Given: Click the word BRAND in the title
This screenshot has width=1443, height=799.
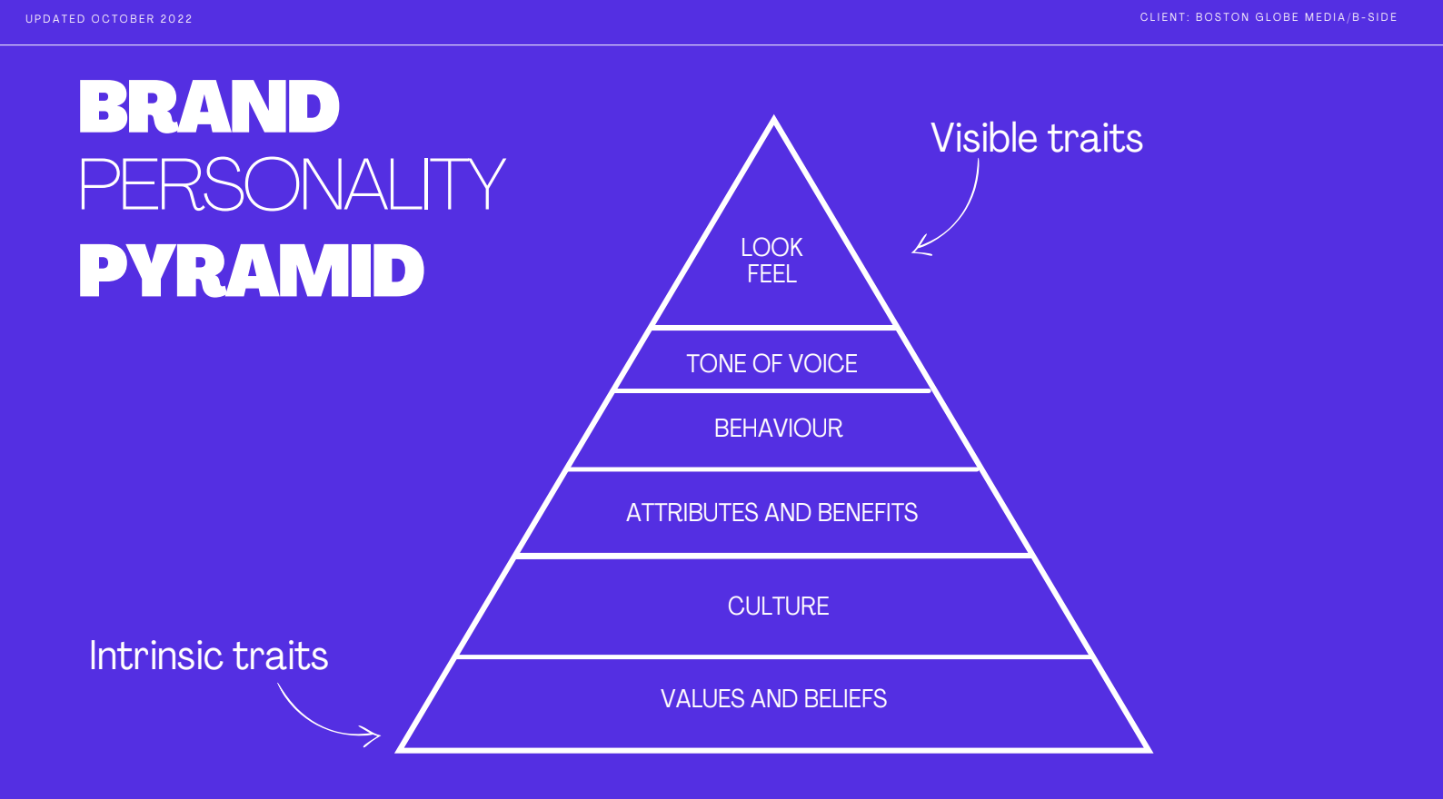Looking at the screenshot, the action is tap(209, 107).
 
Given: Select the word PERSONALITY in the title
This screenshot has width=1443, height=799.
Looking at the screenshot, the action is tap(292, 184).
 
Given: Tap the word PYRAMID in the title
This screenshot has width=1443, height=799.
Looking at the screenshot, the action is tap(252, 271).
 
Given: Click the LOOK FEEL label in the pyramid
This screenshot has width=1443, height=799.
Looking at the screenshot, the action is tap(771, 261).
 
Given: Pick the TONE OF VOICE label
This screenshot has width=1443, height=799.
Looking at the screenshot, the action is tap(771, 364).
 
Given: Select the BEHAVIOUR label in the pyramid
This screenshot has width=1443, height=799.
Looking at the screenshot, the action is tap(778, 429).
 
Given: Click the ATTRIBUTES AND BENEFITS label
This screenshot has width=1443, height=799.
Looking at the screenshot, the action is tap(771, 513).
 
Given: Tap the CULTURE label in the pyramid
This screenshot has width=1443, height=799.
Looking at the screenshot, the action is tap(778, 607).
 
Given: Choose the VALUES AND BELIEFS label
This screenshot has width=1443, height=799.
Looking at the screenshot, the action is tap(773, 699).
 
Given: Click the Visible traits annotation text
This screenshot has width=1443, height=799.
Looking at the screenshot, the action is tap(1037, 139).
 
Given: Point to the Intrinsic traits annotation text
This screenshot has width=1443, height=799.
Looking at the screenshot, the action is tap(208, 656).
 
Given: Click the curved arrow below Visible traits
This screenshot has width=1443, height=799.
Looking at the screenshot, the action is tap(959, 218).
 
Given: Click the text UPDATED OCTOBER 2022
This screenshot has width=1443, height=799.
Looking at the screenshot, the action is tap(109, 19).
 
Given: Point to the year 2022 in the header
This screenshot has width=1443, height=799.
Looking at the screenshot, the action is tap(176, 19).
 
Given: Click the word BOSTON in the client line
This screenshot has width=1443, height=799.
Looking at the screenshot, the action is tap(1222, 17).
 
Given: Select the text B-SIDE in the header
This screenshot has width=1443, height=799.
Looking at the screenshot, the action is tap(1375, 17).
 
